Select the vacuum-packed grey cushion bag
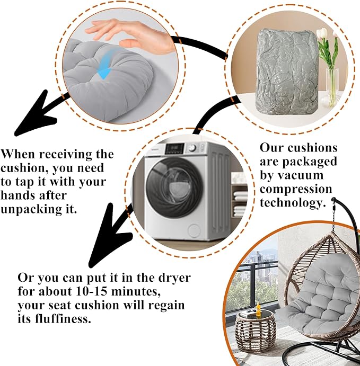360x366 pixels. (x=287, y=72)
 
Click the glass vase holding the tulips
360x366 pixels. (x=332, y=87)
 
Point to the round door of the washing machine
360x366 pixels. (x=174, y=188)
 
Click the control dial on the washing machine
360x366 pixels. (x=192, y=148)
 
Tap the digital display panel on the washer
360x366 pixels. (x=174, y=148)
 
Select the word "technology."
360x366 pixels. (x=293, y=202)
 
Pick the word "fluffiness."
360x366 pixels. (x=63, y=318)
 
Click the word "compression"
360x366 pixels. (x=296, y=189)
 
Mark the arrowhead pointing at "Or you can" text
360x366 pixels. (x=108, y=236)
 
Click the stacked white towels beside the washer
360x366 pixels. (x=240, y=203)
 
